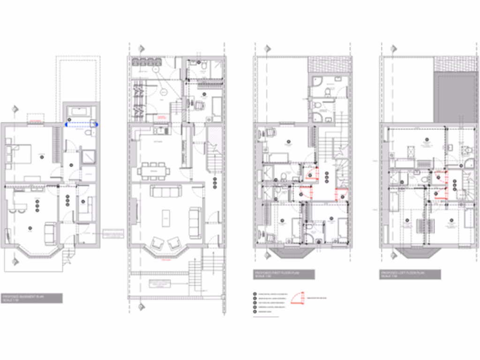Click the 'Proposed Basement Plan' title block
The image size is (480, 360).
32,298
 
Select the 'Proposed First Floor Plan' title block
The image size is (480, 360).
284,274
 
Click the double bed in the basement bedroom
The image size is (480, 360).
19,154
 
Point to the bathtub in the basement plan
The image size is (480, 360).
81,112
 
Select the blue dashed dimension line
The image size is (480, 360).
81,125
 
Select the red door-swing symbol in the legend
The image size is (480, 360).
295,299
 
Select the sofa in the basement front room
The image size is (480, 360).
51,233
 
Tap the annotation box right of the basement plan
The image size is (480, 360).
112,233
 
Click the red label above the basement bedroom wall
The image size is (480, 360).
36,121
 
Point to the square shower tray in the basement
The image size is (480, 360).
88,157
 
